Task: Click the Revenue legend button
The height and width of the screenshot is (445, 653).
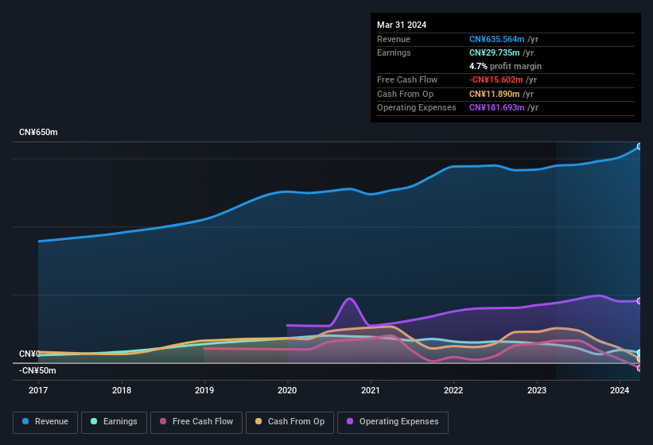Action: (45, 422)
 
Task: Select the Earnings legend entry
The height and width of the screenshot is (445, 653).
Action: (114, 422)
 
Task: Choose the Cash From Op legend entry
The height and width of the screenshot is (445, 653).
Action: (290, 422)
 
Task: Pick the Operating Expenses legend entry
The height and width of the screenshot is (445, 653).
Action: (392, 422)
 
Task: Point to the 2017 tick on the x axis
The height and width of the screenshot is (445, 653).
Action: (39, 390)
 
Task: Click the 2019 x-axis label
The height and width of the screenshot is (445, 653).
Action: (204, 390)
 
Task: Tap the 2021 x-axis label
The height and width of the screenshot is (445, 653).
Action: (370, 390)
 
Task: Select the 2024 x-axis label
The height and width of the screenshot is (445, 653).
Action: (619, 390)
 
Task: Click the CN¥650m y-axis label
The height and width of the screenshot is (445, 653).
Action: (38, 132)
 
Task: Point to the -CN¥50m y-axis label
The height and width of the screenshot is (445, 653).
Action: (37, 370)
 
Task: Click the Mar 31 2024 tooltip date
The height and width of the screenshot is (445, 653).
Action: (402, 25)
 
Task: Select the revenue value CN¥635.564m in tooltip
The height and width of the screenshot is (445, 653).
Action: (496, 39)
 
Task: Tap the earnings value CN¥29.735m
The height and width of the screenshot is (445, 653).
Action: (493, 52)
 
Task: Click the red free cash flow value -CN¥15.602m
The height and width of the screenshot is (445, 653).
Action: (495, 79)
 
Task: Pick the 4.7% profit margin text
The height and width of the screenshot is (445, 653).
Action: (505, 66)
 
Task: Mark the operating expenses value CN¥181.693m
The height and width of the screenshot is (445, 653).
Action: (496, 107)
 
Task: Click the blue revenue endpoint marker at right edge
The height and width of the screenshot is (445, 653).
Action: (639, 146)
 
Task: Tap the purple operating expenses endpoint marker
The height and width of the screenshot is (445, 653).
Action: (639, 300)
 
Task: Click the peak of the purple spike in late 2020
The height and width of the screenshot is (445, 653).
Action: (349, 298)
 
